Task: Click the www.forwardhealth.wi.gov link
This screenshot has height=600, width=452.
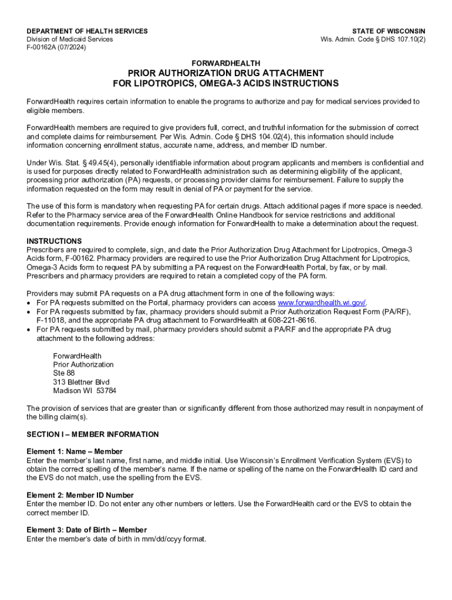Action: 322,302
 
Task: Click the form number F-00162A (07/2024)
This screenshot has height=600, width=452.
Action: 56,47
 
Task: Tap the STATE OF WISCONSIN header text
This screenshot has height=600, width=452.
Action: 389,31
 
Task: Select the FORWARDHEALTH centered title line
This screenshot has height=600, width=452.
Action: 226,63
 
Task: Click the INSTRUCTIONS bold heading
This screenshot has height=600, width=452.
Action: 54,241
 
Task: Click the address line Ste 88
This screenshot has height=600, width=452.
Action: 64,373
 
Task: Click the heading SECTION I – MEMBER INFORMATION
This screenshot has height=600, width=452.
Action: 93,434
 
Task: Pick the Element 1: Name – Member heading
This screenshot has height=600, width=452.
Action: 75,452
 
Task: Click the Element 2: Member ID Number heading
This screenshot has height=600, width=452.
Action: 80,495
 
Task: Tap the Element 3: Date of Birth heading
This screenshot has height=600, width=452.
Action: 87,530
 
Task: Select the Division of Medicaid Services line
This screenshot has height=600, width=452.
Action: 70,39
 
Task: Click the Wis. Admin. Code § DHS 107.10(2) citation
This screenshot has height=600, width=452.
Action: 373,39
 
